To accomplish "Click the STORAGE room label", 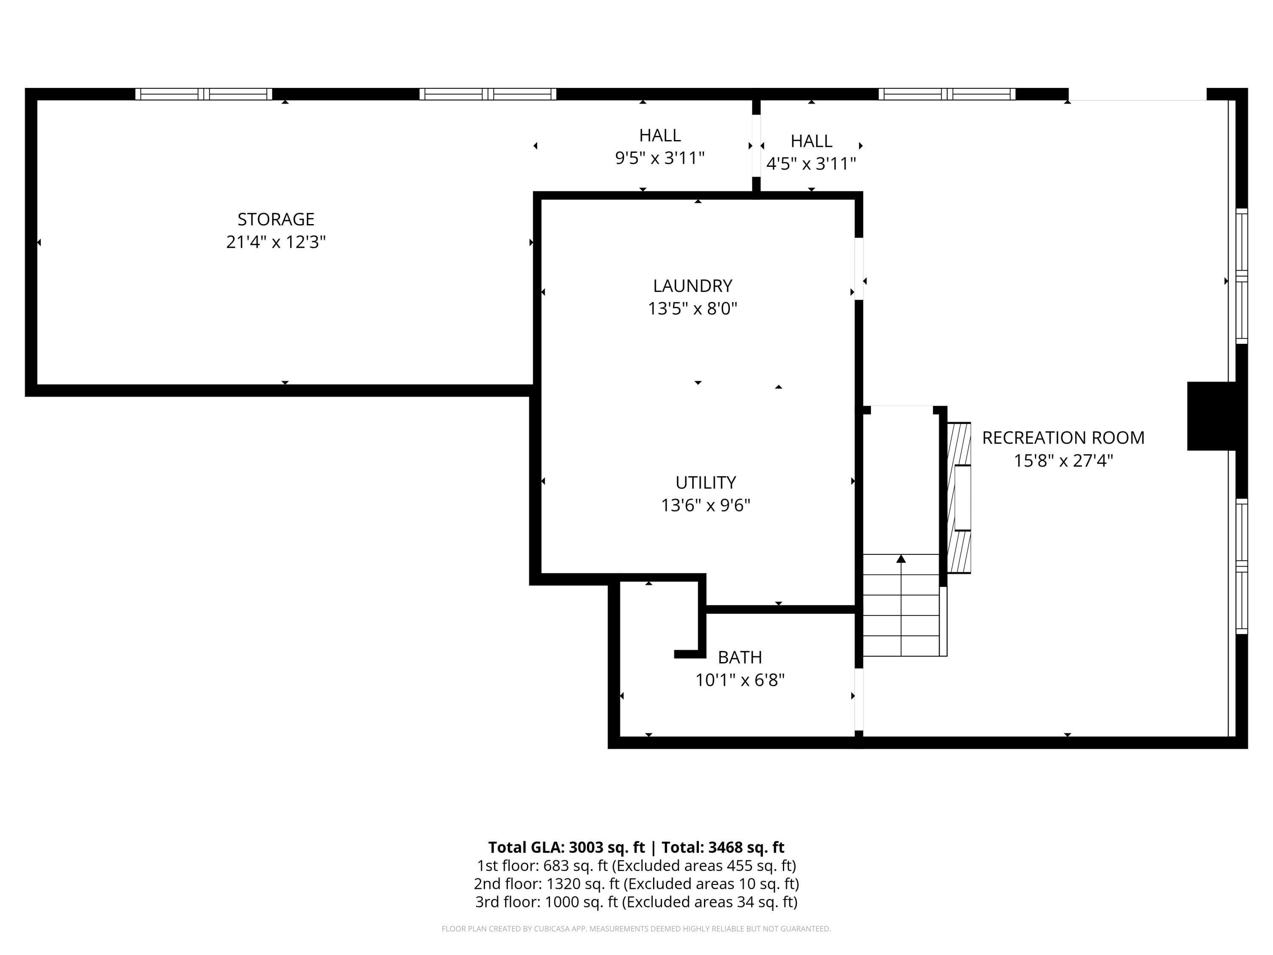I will coord(276,219).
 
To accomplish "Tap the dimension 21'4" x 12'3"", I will coord(276,242).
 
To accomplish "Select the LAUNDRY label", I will coord(693,286).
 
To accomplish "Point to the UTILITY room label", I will coord(706,483).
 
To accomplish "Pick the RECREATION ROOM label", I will coord(1063,438).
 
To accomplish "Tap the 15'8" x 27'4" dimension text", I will coord(1063,461).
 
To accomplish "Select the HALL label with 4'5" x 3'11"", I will coord(811,141).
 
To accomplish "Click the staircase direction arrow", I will coord(901,559).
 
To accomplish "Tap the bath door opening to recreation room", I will coord(859,699).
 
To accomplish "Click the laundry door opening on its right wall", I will coord(859,269).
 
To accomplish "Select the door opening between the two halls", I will coord(756,146).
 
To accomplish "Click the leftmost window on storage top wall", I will coord(204,94).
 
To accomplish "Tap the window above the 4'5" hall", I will coord(947,94).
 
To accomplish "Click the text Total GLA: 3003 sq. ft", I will coord(566,847).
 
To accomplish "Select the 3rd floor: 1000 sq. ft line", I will coord(636,902).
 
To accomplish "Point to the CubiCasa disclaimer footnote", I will coord(636,929).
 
